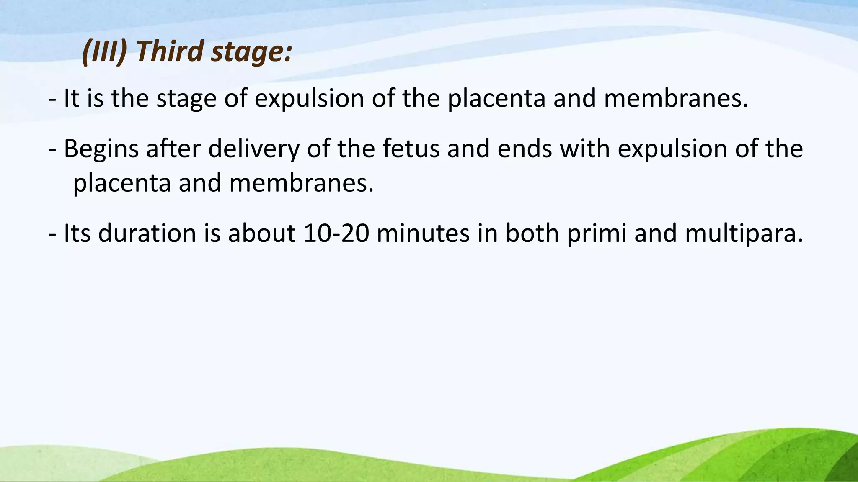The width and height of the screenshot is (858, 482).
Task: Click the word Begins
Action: click(x=101, y=150)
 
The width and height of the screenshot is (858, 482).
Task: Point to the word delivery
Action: click(x=254, y=150)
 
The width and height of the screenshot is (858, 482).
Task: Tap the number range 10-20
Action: click(x=336, y=233)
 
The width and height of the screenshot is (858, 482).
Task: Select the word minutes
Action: click(x=423, y=233)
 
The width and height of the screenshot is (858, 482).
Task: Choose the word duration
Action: click(x=147, y=233)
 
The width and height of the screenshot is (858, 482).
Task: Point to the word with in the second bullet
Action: click(x=585, y=149)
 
